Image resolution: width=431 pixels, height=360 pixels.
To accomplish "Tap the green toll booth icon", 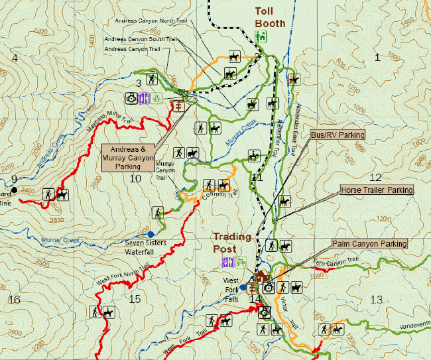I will coord(261,38).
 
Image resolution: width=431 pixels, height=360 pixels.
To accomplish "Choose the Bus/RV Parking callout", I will coord(338,135).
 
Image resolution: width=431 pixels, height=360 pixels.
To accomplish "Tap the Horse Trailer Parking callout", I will coord(376,190).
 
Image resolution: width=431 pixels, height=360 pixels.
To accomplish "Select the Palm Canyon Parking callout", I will coord(369,244).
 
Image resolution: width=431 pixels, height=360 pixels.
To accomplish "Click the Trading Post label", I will coord(232,242).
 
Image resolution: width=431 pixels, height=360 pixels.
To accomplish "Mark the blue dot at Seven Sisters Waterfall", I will coord(151,234).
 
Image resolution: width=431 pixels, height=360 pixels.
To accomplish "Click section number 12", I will coord(375,177).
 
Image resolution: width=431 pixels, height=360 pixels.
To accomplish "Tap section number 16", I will coord(13,300).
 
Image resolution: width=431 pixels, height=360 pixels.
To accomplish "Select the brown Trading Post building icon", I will coord(260,276).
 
